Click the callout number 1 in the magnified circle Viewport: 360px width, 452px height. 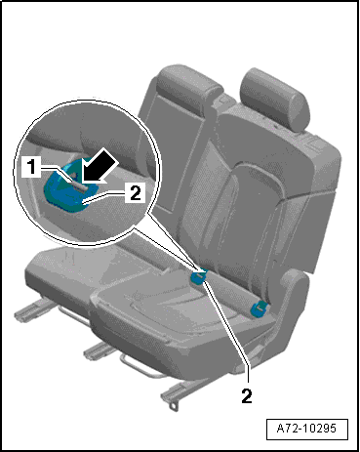click(x=31, y=167)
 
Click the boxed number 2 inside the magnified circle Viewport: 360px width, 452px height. click(x=135, y=193)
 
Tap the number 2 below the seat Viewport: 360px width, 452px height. click(x=247, y=395)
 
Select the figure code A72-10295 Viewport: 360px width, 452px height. click(x=306, y=428)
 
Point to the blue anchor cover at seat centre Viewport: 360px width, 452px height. click(x=198, y=276)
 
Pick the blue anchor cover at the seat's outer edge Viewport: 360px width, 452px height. click(x=259, y=308)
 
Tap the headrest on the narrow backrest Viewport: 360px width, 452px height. click(x=187, y=85)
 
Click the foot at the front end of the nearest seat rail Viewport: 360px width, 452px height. click(x=174, y=406)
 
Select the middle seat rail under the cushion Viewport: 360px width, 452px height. click(x=99, y=350)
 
